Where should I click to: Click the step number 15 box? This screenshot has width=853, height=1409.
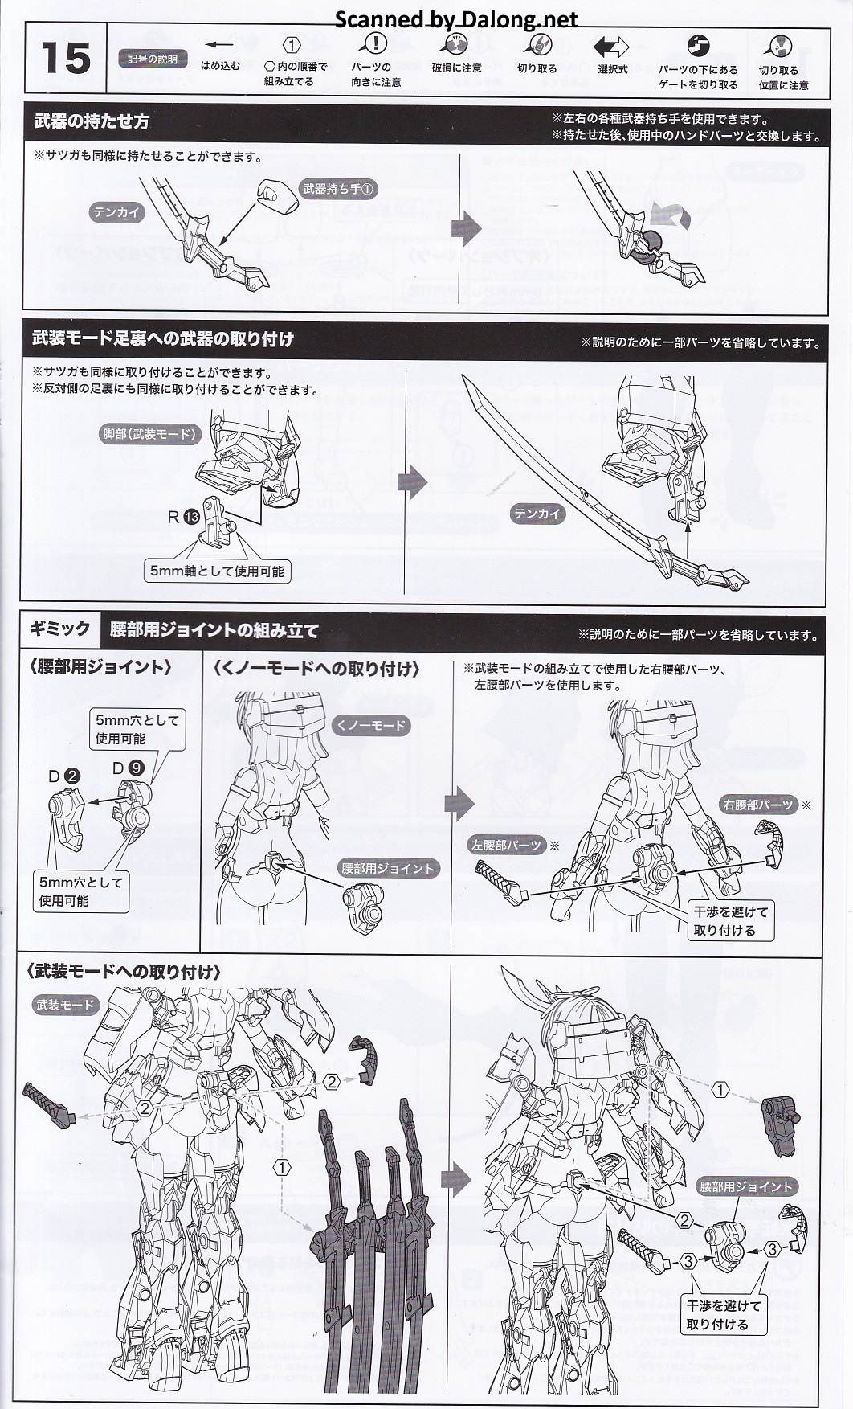(x=65, y=59)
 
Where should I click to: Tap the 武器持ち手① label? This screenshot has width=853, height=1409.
(x=338, y=189)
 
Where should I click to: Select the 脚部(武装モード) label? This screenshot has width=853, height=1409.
(x=149, y=434)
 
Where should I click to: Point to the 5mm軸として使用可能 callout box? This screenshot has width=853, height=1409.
(x=217, y=571)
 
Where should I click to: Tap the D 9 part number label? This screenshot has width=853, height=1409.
(x=128, y=768)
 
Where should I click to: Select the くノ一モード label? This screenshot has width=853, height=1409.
(x=370, y=725)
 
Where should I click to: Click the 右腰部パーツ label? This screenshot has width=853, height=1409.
(x=757, y=805)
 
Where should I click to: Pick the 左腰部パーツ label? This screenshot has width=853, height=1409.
(x=506, y=845)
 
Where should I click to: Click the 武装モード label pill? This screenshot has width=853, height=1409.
(x=65, y=1005)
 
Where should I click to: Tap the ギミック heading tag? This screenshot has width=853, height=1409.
(x=60, y=629)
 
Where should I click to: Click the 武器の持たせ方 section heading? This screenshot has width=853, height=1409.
(x=92, y=122)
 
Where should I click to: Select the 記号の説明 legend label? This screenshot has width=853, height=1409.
(x=153, y=59)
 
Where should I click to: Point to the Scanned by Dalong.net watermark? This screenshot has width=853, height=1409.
(x=455, y=18)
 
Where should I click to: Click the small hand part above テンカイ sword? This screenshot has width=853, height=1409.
(x=276, y=195)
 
